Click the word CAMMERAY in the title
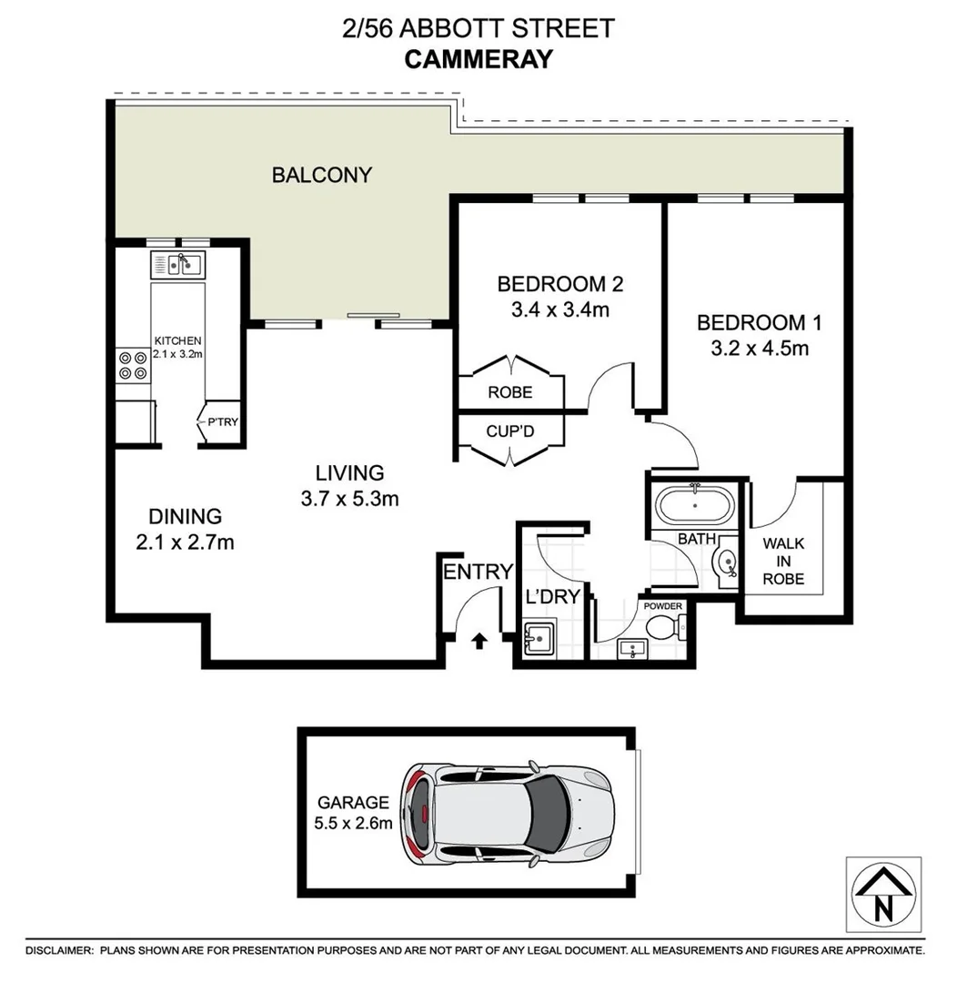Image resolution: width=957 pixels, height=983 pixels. click(478, 59)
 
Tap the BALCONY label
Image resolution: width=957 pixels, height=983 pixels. click(322, 175)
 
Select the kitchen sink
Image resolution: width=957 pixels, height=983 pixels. click(178, 265)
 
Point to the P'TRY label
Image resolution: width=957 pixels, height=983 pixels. click(223, 422)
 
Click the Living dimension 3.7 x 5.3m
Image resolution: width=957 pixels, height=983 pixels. click(350, 498)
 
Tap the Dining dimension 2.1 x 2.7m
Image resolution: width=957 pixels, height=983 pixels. click(186, 542)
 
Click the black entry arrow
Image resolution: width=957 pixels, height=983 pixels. click(478, 642)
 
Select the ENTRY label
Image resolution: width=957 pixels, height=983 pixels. click(478, 572)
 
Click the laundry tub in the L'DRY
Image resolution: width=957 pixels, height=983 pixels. click(539, 638)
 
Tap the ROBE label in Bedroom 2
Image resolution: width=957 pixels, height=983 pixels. click(510, 393)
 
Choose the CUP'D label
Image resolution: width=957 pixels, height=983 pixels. click(510, 431)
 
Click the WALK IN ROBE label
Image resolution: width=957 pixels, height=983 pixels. click(783, 560)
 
